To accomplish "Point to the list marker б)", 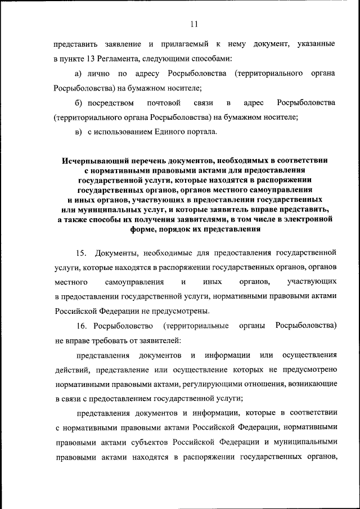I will tap(79, 103).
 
